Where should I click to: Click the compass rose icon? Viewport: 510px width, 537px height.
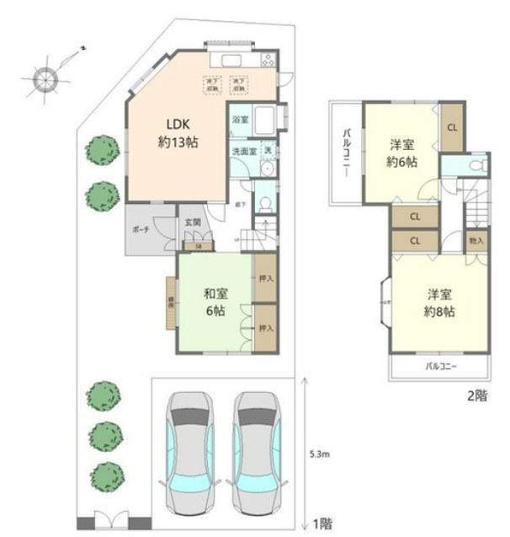pyautogui.click(x=45, y=78)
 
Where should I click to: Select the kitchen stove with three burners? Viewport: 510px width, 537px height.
pyautogui.click(x=268, y=60)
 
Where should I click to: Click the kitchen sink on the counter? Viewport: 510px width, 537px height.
pyautogui.click(x=231, y=60)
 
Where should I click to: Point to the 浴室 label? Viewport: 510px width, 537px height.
pyautogui.click(x=240, y=121)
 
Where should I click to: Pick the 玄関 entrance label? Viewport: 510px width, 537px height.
pyautogui.click(x=193, y=223)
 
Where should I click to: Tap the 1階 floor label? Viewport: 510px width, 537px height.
pyautogui.click(x=323, y=524)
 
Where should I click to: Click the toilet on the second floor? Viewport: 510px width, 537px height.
pyautogui.click(x=477, y=165)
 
